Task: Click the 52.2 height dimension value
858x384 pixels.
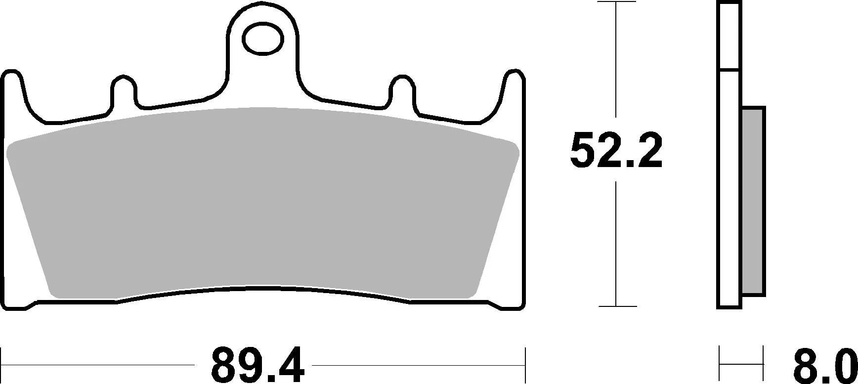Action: [x=615, y=150]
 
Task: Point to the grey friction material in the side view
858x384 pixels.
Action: [x=754, y=201]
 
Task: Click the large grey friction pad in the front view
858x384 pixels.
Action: [x=262, y=203]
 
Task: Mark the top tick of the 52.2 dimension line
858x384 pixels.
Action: [x=616, y=2]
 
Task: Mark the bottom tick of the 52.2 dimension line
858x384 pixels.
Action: [x=616, y=306]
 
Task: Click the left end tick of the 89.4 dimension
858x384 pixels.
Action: [x=2, y=365]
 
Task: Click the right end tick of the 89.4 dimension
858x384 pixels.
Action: [x=525, y=365]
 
